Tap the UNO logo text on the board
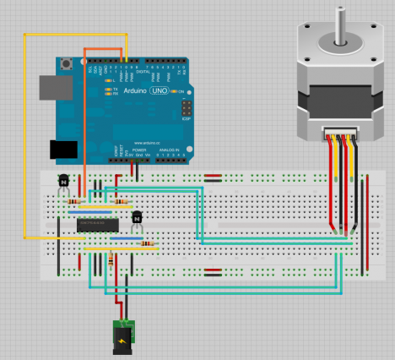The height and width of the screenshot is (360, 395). tap(157, 90)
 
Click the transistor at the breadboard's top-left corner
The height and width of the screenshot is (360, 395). tap(62, 181)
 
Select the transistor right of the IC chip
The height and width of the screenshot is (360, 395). tap(136, 219)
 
